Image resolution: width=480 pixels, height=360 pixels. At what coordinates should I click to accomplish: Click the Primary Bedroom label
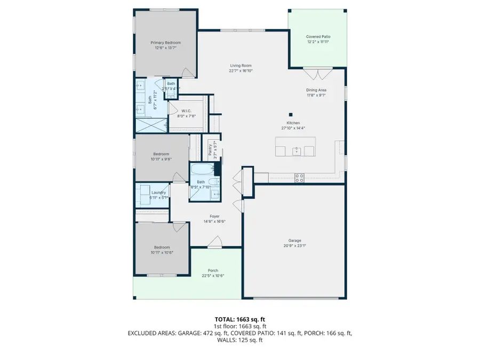click(x=165, y=43)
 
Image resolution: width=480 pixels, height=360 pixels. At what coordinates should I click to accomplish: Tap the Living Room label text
click(x=241, y=66)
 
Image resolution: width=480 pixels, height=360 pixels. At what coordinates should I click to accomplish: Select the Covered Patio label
click(x=317, y=36)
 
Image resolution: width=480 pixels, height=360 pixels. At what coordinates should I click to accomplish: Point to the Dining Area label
click(x=316, y=90)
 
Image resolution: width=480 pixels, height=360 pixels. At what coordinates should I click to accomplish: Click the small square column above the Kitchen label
click(x=291, y=114)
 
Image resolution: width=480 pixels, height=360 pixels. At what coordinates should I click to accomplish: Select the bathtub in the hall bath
click(x=203, y=171)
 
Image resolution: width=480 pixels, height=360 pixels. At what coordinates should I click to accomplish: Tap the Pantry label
click(x=211, y=150)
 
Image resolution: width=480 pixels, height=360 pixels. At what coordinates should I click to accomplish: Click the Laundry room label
click(x=158, y=193)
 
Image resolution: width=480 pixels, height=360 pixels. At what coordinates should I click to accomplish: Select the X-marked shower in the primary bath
click(x=151, y=126)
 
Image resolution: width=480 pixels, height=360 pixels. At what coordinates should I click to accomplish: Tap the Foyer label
click(x=214, y=216)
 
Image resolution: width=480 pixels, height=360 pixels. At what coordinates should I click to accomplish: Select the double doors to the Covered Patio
click(x=318, y=73)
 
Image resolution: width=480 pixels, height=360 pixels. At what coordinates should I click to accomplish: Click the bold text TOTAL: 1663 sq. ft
click(x=239, y=319)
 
